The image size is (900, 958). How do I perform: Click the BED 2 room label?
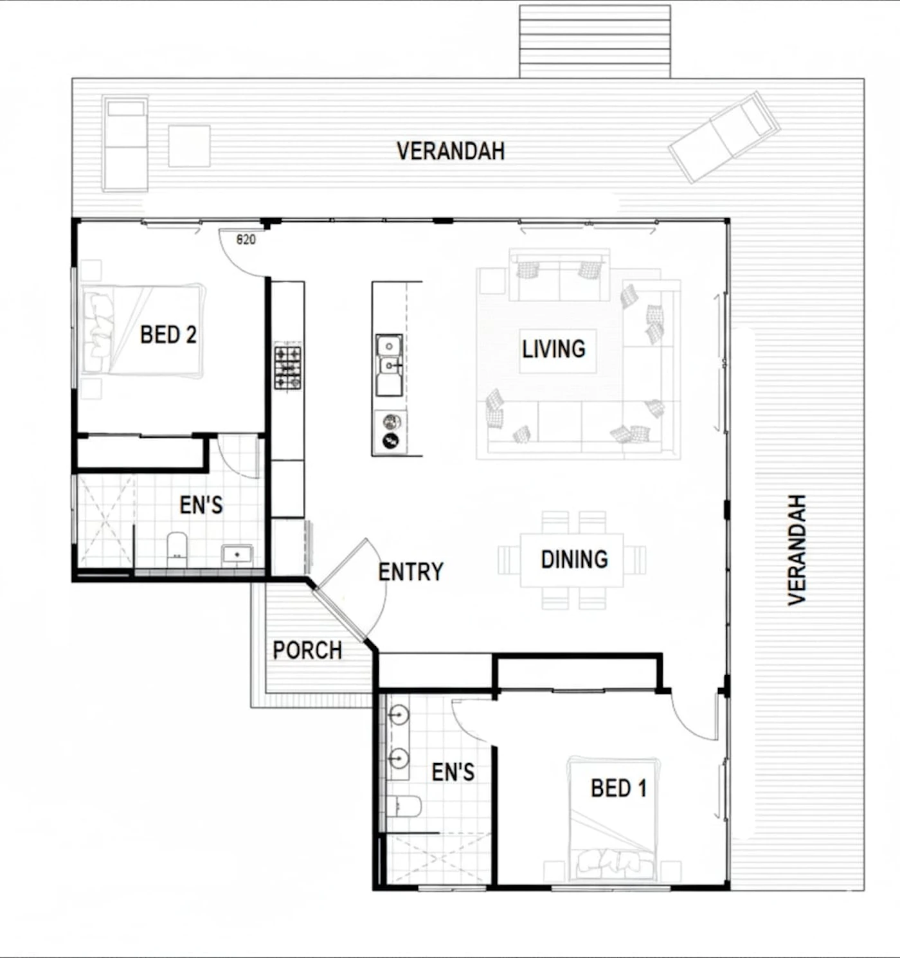tap(168, 334)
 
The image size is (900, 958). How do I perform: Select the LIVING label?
tap(553, 348)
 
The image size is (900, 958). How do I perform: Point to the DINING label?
tap(575, 559)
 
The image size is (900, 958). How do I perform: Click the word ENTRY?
tap(410, 572)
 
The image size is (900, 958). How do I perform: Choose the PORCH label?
tap(307, 650)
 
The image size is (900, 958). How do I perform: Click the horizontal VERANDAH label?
tap(451, 151)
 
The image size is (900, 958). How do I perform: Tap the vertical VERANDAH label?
tap(797, 550)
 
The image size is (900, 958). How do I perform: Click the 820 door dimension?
tap(246, 239)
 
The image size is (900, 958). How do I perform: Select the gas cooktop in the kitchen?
tap(287, 368)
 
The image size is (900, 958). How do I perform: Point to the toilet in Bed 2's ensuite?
tap(177, 550)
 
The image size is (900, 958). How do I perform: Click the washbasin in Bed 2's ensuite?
tap(237, 555)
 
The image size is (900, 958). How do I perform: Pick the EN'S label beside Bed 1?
tap(453, 772)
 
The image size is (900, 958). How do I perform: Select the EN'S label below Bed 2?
tap(201, 505)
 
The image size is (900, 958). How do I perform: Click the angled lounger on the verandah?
tap(724, 138)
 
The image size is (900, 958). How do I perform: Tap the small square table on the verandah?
tap(189, 146)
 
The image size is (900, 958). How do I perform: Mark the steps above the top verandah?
tap(595, 42)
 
